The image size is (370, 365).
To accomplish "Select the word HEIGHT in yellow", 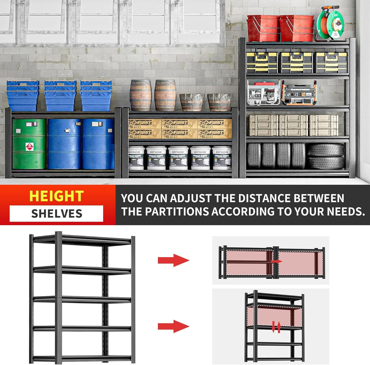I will click(56, 196).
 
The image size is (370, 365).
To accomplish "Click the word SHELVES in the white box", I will click(57, 214).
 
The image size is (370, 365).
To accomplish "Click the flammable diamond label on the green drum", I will click(29, 147).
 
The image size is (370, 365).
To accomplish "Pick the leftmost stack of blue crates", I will click(23, 95).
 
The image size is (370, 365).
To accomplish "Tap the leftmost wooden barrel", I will click(141, 95).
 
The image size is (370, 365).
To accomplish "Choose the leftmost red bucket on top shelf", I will click(263, 28).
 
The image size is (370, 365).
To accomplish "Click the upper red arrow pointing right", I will click(173, 260).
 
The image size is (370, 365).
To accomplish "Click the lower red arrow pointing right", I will click(173, 326).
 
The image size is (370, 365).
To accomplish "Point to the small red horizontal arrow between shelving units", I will click(277, 261).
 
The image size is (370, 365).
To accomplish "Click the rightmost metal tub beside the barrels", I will click(219, 102).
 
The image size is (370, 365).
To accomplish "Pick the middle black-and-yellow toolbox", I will click(296, 62).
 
